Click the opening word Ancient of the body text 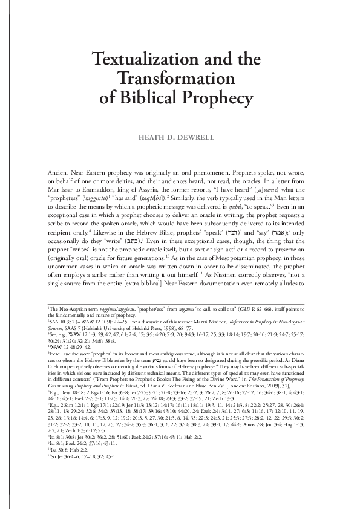click(58, 173)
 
